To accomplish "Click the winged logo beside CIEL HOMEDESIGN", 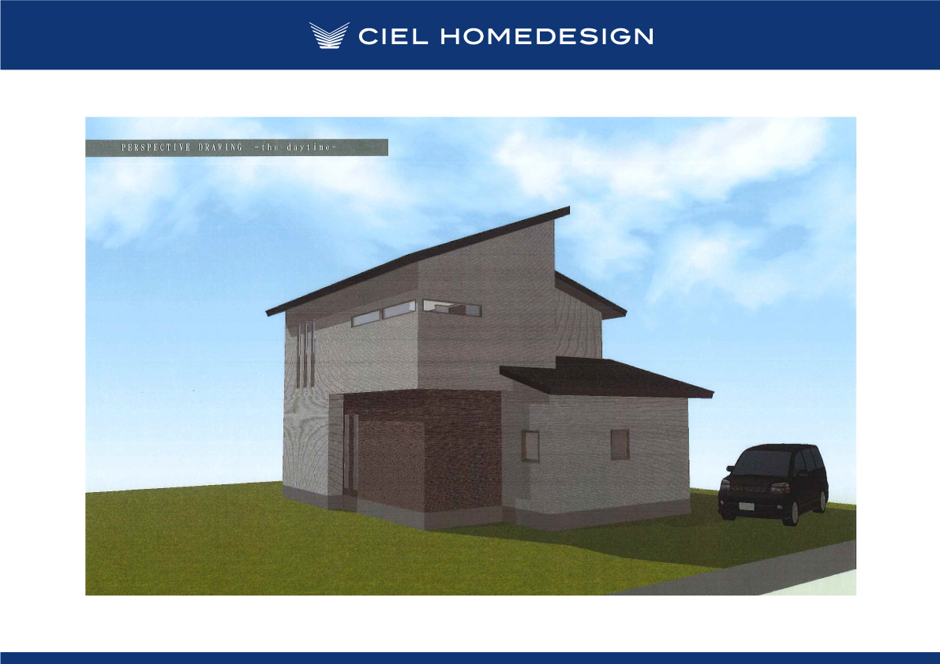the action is pos(329,35).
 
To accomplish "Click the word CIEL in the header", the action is pos(393,36).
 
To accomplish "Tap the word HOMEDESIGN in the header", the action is pos(547,36).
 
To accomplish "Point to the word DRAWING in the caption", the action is pos(221,147).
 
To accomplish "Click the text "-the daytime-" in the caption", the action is pos(295,147).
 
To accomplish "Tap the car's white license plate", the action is pos(746,506).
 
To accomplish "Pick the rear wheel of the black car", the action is pos(823,501).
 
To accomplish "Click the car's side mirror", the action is pos(800,472).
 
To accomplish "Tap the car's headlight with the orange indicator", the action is pos(779,488).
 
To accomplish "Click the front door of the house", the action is pos(350,454).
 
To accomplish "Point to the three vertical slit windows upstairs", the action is pos(305,354).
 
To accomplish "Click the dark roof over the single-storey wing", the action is pos(605,377).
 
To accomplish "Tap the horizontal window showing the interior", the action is pos(452,307).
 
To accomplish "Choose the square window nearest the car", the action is pos(620,445).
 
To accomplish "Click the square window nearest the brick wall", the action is pos(530,446).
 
